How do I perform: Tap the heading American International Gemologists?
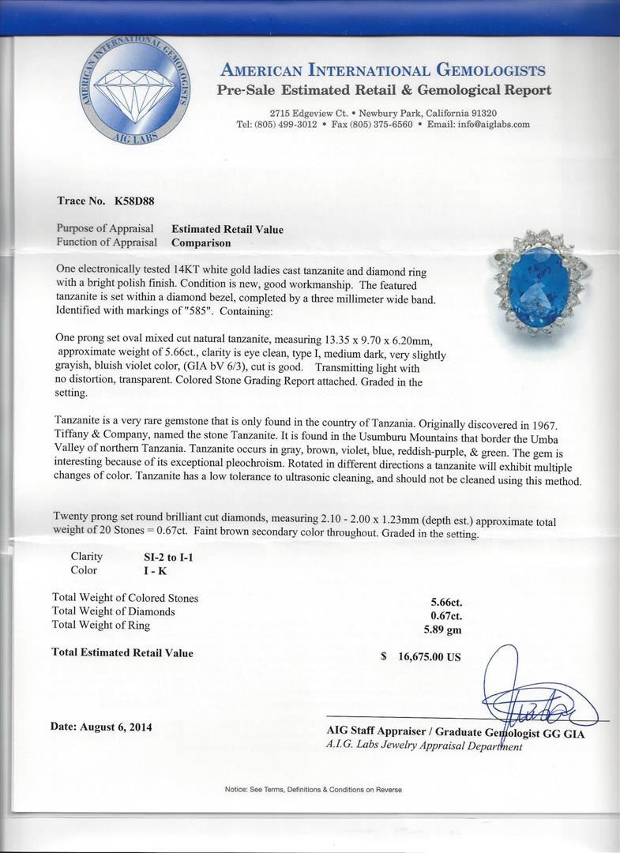(383, 71)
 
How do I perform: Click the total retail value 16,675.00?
(426, 657)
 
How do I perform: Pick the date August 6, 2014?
(101, 727)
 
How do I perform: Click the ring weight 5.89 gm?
(442, 629)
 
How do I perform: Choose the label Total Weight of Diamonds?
(113, 611)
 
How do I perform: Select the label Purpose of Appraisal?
(106, 230)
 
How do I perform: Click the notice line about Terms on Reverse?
(313, 790)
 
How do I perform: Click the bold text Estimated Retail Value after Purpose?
(227, 230)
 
